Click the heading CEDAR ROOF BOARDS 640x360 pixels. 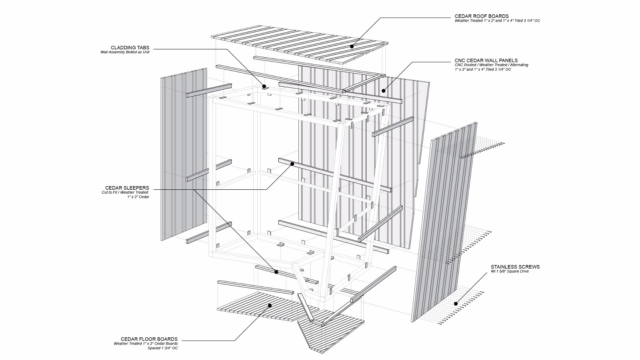pos(482,16)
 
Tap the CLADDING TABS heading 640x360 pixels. pos(130,48)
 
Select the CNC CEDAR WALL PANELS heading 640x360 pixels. pos(486,60)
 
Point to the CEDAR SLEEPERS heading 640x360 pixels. pos(127,188)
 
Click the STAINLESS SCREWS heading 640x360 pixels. pos(515,267)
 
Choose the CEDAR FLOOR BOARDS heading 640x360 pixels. pos(149,339)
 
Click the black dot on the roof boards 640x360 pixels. pos(352,47)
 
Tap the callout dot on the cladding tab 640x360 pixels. pos(264,86)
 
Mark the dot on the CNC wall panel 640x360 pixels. pos(384,91)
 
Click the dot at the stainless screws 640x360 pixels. pos(456,304)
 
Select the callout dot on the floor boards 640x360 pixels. pos(270,305)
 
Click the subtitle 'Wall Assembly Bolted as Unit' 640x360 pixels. pos(125,52)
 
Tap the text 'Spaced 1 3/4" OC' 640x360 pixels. pos(163,348)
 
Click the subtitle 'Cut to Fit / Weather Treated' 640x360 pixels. pos(125,192)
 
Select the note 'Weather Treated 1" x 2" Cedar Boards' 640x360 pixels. pos(146,343)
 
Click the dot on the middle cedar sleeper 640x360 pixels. pos(292,164)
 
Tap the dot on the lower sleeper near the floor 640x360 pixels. pos(276,272)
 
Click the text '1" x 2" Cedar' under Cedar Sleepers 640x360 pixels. pos(138,197)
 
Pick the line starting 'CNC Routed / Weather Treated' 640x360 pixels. pos(491,65)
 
